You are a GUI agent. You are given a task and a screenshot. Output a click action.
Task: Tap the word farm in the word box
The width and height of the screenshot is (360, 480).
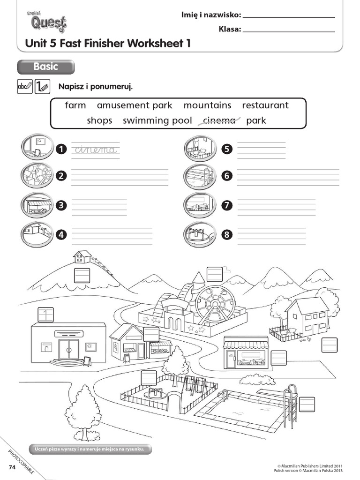[75, 105]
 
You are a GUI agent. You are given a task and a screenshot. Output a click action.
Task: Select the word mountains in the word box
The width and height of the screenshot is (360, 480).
[207, 105]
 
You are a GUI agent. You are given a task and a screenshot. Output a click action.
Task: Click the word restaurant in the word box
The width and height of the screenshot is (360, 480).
[265, 105]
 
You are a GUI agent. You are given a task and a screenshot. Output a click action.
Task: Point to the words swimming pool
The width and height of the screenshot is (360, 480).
[157, 120]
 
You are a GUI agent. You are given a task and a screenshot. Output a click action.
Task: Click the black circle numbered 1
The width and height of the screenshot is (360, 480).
[60, 150]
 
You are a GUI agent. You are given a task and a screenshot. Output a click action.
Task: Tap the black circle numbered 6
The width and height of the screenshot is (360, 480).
[227, 176]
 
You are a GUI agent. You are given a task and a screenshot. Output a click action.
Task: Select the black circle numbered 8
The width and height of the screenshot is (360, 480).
[227, 235]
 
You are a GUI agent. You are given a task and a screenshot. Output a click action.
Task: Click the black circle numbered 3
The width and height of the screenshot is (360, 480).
[60, 205]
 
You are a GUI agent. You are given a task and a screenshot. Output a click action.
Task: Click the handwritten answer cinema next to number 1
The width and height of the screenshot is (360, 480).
[95, 150]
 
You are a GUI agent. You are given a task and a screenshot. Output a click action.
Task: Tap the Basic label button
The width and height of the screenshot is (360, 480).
[45, 67]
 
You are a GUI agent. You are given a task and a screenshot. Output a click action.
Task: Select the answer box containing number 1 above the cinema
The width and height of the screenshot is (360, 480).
[45, 315]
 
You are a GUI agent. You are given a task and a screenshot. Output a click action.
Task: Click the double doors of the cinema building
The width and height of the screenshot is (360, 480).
[68, 349]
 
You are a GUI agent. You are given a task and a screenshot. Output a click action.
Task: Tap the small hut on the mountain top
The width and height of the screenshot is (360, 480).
[82, 256]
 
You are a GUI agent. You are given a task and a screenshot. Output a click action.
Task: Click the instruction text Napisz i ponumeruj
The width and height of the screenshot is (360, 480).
[96, 86]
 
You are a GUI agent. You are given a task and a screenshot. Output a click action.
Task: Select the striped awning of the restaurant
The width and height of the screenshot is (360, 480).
[246, 345]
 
